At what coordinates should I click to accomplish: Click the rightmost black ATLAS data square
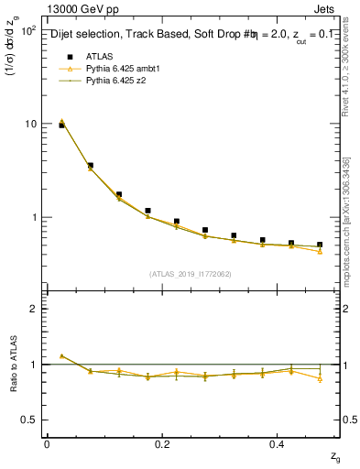click(x=320, y=245)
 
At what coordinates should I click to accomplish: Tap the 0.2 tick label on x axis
click(x=162, y=444)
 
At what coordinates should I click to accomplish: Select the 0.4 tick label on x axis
click(x=278, y=444)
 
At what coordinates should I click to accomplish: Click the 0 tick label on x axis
click(x=47, y=444)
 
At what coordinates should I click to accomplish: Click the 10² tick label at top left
click(x=27, y=30)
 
